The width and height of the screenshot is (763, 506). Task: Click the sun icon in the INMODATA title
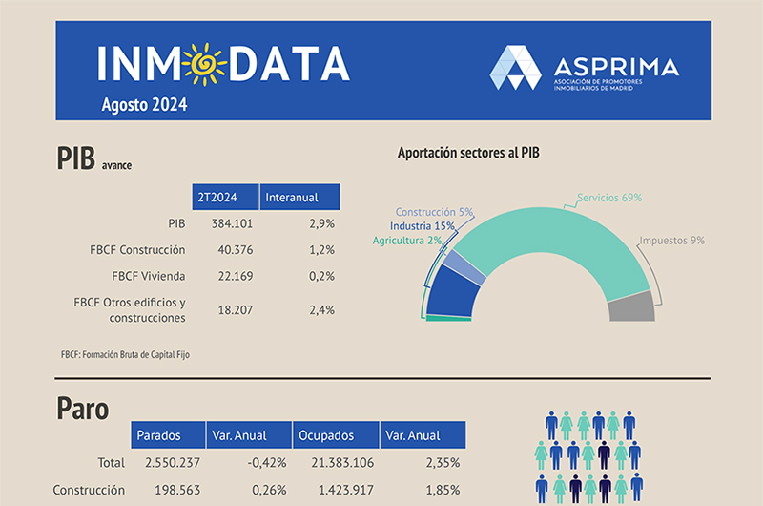tap(205, 63)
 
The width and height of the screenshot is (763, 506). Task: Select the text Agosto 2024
tap(145, 105)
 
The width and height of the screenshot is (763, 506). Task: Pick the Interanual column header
tap(299, 198)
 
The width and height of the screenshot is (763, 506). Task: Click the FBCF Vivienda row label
tap(148, 276)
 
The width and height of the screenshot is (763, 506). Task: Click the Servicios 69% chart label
tap(609, 198)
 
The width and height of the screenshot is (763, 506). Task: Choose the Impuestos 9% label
tap(671, 241)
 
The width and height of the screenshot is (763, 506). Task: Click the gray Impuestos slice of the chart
tap(631, 307)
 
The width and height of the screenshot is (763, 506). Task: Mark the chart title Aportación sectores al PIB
tap(469, 153)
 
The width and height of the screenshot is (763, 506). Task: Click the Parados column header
tap(166, 435)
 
